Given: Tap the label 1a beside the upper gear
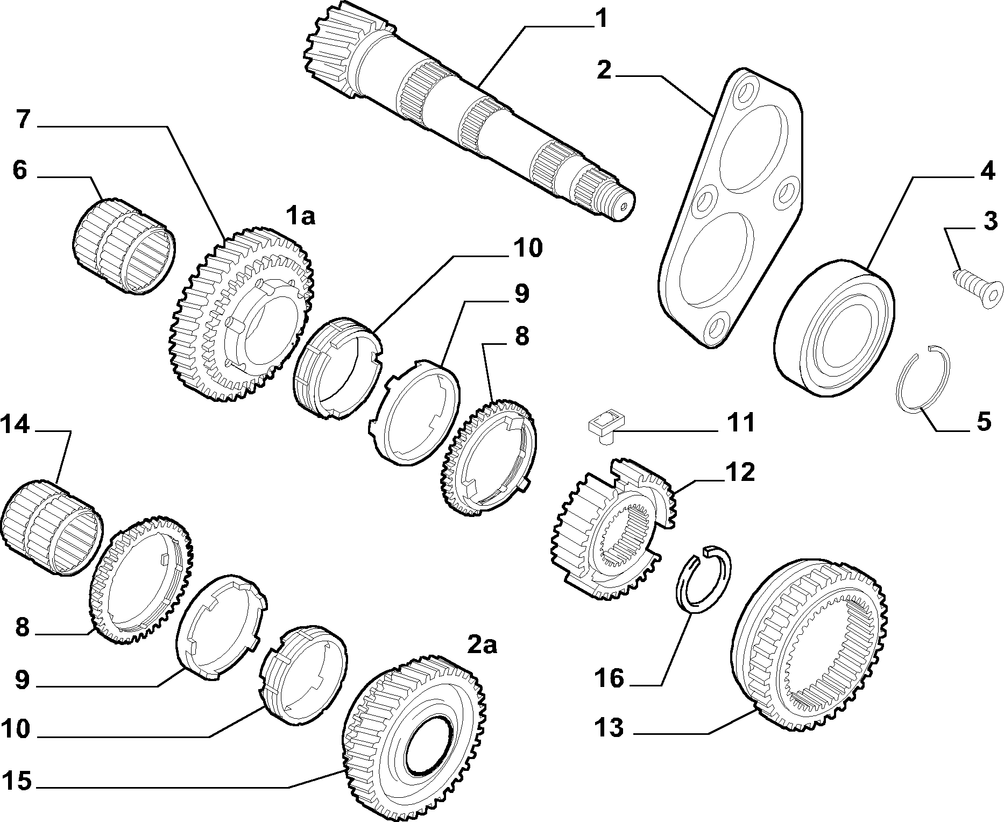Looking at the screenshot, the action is [x=300, y=216].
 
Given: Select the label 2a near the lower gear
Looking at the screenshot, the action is [x=482, y=644].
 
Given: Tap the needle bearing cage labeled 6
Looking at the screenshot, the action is [x=124, y=245].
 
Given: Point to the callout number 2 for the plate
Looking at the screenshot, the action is [x=605, y=70].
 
